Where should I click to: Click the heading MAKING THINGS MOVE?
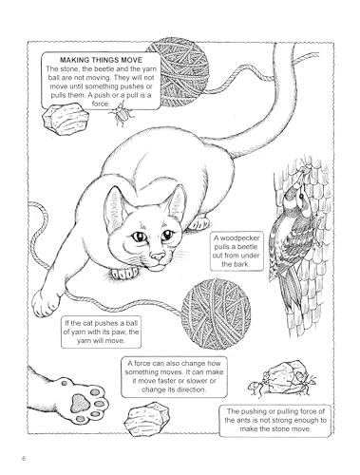pos(102,60)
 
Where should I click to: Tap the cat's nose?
pos(158,256)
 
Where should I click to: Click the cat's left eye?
pos(139,237)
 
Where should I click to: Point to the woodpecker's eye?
pos(301,197)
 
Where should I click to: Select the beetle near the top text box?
pos(121,114)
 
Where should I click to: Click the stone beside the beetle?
pos(66,118)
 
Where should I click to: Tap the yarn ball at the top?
pos(178,72)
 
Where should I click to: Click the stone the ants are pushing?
pos(284,377)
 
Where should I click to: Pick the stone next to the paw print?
pos(146,419)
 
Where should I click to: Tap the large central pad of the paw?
pos(79,403)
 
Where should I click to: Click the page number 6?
pos(23,458)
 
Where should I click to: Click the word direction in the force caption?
pos(191,389)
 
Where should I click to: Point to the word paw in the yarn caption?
pos(122,332)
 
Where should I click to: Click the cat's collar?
pos(124,273)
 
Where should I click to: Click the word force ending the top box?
pos(101,104)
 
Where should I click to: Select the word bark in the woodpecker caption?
pos(242,264)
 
